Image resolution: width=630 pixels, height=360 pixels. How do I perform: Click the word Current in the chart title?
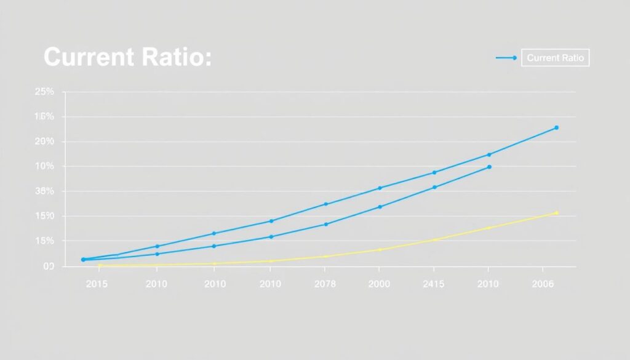pyautogui.click(x=89, y=58)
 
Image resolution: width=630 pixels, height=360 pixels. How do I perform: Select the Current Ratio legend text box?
pyautogui.click(x=555, y=58)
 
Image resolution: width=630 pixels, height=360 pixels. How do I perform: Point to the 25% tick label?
pyautogui.click(x=44, y=92)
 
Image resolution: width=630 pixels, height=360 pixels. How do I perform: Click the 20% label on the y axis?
pyautogui.click(x=44, y=142)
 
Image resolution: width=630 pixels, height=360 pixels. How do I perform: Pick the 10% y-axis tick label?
pyautogui.click(x=44, y=166)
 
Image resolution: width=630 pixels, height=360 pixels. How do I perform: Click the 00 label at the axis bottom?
pyautogui.click(x=48, y=266)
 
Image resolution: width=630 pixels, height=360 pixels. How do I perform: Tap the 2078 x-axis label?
pyautogui.click(x=325, y=284)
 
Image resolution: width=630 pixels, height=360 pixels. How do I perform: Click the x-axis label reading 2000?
pyautogui.click(x=379, y=284)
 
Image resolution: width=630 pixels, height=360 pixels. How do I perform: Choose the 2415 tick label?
pyautogui.click(x=434, y=284)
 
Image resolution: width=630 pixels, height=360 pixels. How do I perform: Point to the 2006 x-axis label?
pyautogui.click(x=542, y=284)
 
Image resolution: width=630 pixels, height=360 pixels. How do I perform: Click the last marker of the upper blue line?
pyautogui.click(x=556, y=127)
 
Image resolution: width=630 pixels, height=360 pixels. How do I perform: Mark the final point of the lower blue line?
pyautogui.click(x=490, y=167)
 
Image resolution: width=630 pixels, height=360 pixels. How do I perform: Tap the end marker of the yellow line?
pyautogui.click(x=556, y=213)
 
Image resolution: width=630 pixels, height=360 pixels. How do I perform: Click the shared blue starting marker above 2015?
pyautogui.click(x=84, y=260)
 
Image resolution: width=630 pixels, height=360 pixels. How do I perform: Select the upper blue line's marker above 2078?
pyautogui.click(x=325, y=204)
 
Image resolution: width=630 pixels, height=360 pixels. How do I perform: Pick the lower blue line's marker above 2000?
pyautogui.click(x=380, y=207)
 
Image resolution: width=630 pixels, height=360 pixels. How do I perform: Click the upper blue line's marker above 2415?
pyautogui.click(x=434, y=172)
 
